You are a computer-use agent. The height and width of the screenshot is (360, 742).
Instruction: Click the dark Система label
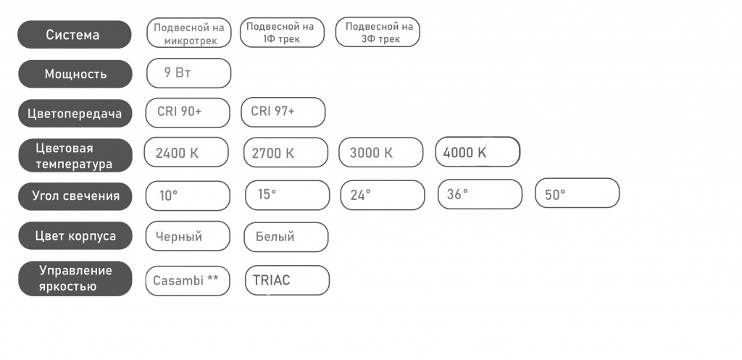75,35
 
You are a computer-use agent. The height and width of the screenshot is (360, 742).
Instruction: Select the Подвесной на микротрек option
189,33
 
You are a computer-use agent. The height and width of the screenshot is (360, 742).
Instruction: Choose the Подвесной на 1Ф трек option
282,33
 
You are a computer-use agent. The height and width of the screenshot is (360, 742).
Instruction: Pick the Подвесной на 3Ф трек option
378,32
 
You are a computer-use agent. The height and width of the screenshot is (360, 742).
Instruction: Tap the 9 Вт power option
189,73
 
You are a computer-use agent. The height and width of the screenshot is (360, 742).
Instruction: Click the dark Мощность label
75,74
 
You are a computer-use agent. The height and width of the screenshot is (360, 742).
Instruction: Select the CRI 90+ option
188,112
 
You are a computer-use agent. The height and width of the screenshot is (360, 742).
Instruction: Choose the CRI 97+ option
283,112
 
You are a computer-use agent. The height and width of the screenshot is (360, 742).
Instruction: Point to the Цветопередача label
75,114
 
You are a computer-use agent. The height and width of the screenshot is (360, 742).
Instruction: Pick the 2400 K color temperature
186,152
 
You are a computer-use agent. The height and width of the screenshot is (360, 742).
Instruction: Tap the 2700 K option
285,152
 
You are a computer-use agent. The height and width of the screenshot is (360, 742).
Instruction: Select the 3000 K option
381,152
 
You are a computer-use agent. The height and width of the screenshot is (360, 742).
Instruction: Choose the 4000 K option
478,152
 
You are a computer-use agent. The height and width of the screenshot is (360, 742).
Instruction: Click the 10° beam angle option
188,196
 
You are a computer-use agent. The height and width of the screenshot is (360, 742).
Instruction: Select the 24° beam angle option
383,195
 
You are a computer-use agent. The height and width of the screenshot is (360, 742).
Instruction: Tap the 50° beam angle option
578,193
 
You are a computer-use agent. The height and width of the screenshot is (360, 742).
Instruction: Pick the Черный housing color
188,236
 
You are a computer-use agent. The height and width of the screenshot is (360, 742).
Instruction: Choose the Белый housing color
285,237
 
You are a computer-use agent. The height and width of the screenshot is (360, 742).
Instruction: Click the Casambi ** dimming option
188,281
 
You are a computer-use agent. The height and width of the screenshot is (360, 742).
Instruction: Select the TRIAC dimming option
287,280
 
